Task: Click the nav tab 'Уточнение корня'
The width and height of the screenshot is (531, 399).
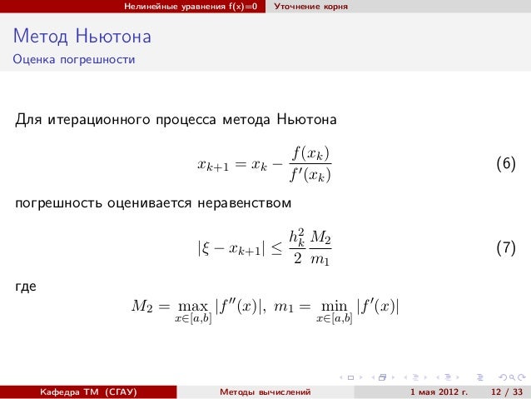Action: click(312, 7)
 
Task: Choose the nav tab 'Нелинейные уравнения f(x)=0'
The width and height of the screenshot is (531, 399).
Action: click(195, 7)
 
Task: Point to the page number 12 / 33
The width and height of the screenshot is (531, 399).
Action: click(507, 391)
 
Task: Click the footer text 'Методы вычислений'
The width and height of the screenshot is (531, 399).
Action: click(265, 391)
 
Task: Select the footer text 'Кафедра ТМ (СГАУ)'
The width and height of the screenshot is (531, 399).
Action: click(83, 391)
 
